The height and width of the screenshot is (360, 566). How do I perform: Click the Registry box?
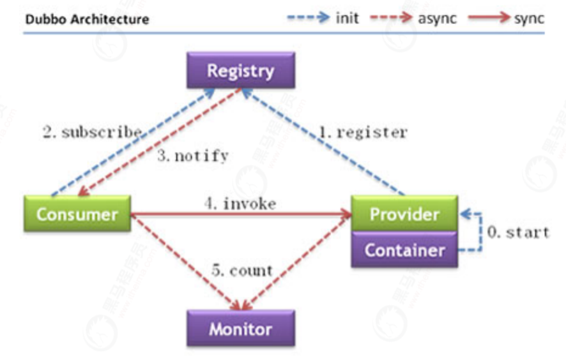coord(241,70)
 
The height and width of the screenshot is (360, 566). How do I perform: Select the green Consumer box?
coord(77,214)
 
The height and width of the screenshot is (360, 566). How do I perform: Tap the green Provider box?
coord(404,214)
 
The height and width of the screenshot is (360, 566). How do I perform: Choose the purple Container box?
coord(404,250)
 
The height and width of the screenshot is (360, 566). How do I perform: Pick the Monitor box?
coord(241,328)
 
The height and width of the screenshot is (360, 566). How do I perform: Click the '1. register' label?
coord(363,132)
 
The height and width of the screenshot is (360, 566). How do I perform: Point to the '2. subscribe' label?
coord(93,132)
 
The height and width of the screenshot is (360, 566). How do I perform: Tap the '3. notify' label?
coord(193,156)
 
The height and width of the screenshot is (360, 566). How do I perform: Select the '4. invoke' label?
coord(240,204)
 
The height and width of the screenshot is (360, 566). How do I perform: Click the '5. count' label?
coord(242,270)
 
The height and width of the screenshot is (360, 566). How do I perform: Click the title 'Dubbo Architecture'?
coord(87,19)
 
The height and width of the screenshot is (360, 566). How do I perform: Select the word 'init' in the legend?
coord(348,18)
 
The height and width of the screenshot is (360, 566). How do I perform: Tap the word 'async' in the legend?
coord(437,19)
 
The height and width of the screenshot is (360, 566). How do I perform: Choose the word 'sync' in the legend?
coord(529,19)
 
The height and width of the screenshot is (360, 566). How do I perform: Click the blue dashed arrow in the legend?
coord(309,17)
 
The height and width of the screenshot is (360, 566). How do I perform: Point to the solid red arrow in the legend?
coord(489,17)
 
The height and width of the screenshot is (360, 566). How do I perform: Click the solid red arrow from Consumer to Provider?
coord(241,214)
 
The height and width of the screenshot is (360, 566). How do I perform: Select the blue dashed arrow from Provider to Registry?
coord(323,142)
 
